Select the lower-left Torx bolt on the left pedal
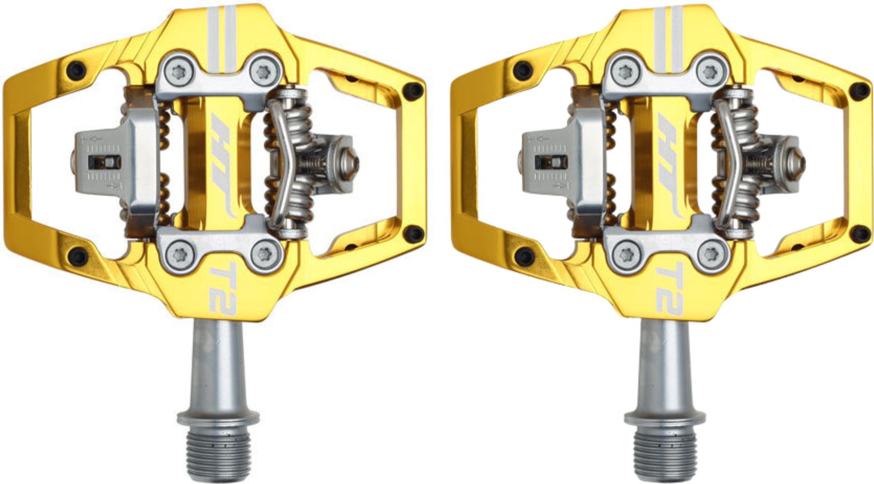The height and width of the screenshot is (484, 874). pyautogui.click(x=178, y=253)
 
